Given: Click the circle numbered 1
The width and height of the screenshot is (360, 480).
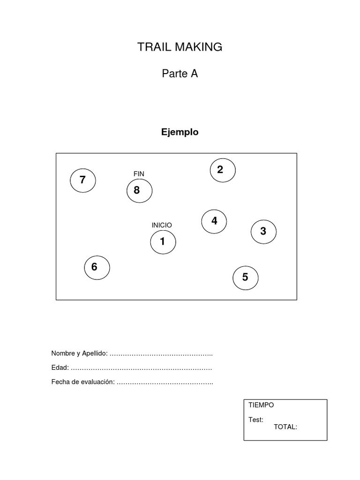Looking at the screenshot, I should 163,242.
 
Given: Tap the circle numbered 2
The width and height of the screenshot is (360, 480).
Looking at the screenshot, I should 223,171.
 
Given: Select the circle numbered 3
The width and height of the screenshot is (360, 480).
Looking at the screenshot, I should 263,232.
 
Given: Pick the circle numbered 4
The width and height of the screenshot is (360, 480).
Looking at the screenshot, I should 214,221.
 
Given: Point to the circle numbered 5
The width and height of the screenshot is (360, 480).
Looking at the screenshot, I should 246,278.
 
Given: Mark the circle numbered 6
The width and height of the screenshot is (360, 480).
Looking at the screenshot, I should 97,268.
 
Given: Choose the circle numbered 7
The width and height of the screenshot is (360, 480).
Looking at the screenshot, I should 83,180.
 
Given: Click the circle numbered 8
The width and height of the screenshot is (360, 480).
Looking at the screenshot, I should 139,191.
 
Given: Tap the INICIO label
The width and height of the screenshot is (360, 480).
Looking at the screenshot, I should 162,225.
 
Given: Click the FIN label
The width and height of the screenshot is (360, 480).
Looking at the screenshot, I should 139,174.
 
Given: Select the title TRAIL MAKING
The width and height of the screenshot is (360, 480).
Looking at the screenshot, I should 180,47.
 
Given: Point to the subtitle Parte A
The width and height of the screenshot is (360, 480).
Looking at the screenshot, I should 180,74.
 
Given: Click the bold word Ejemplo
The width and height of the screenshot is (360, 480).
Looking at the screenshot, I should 180,132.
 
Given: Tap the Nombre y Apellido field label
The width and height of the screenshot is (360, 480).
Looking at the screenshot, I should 79,353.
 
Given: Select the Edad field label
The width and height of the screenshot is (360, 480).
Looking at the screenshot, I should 60,367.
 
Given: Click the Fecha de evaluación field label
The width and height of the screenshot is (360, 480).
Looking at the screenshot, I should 83,382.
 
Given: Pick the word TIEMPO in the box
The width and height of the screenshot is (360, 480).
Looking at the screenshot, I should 261,405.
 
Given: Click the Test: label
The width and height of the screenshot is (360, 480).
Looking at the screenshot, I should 256,420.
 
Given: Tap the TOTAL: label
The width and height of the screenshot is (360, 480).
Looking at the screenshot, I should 285,427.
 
